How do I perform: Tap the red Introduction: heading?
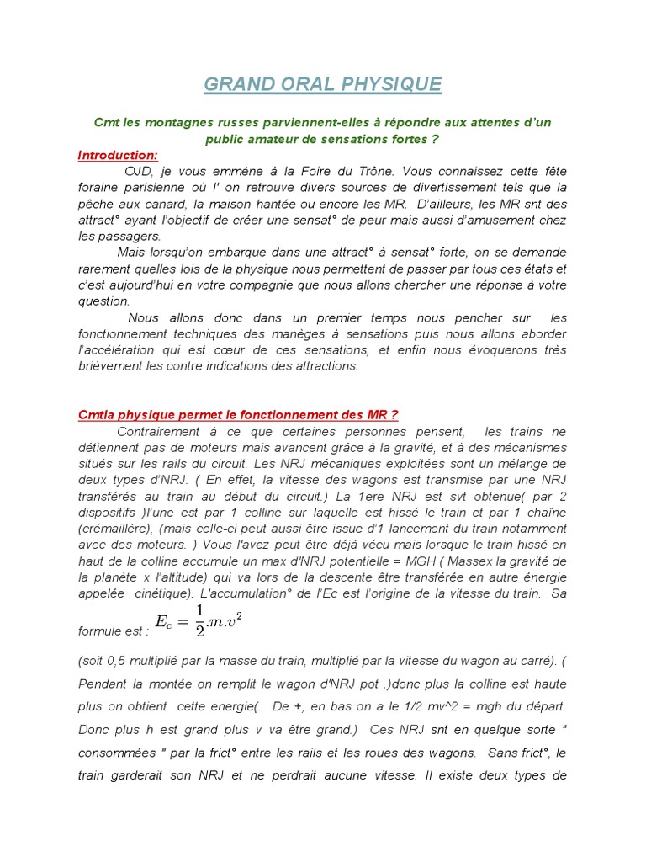click(x=117, y=155)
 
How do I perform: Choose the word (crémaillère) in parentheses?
click(x=120, y=513)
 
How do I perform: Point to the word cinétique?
click(x=154, y=593)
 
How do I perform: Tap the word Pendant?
click(x=104, y=683)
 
